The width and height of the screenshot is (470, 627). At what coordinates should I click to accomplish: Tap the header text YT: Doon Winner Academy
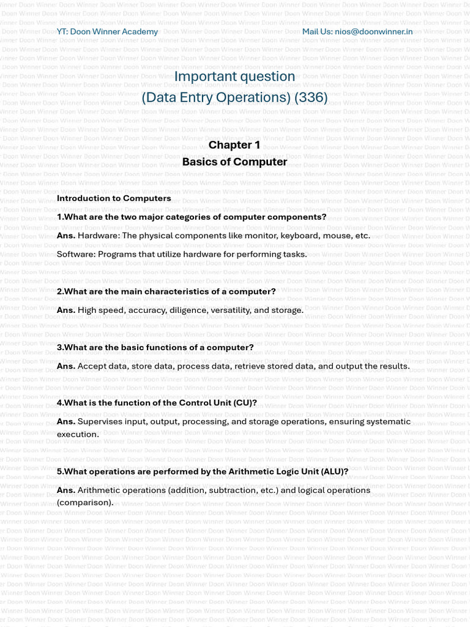coord(107,31)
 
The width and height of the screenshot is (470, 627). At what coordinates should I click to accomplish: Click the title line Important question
coord(234,76)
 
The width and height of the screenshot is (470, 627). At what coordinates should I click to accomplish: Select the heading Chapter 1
coord(234,145)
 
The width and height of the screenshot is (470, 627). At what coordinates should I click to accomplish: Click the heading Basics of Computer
coord(234,162)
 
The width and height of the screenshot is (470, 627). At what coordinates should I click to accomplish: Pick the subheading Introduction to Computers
coord(114,198)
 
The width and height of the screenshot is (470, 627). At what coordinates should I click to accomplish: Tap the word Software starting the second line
coord(75,254)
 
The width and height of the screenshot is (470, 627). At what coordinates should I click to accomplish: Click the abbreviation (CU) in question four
coord(244,403)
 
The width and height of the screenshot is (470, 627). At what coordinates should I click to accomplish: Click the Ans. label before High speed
coord(66,310)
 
